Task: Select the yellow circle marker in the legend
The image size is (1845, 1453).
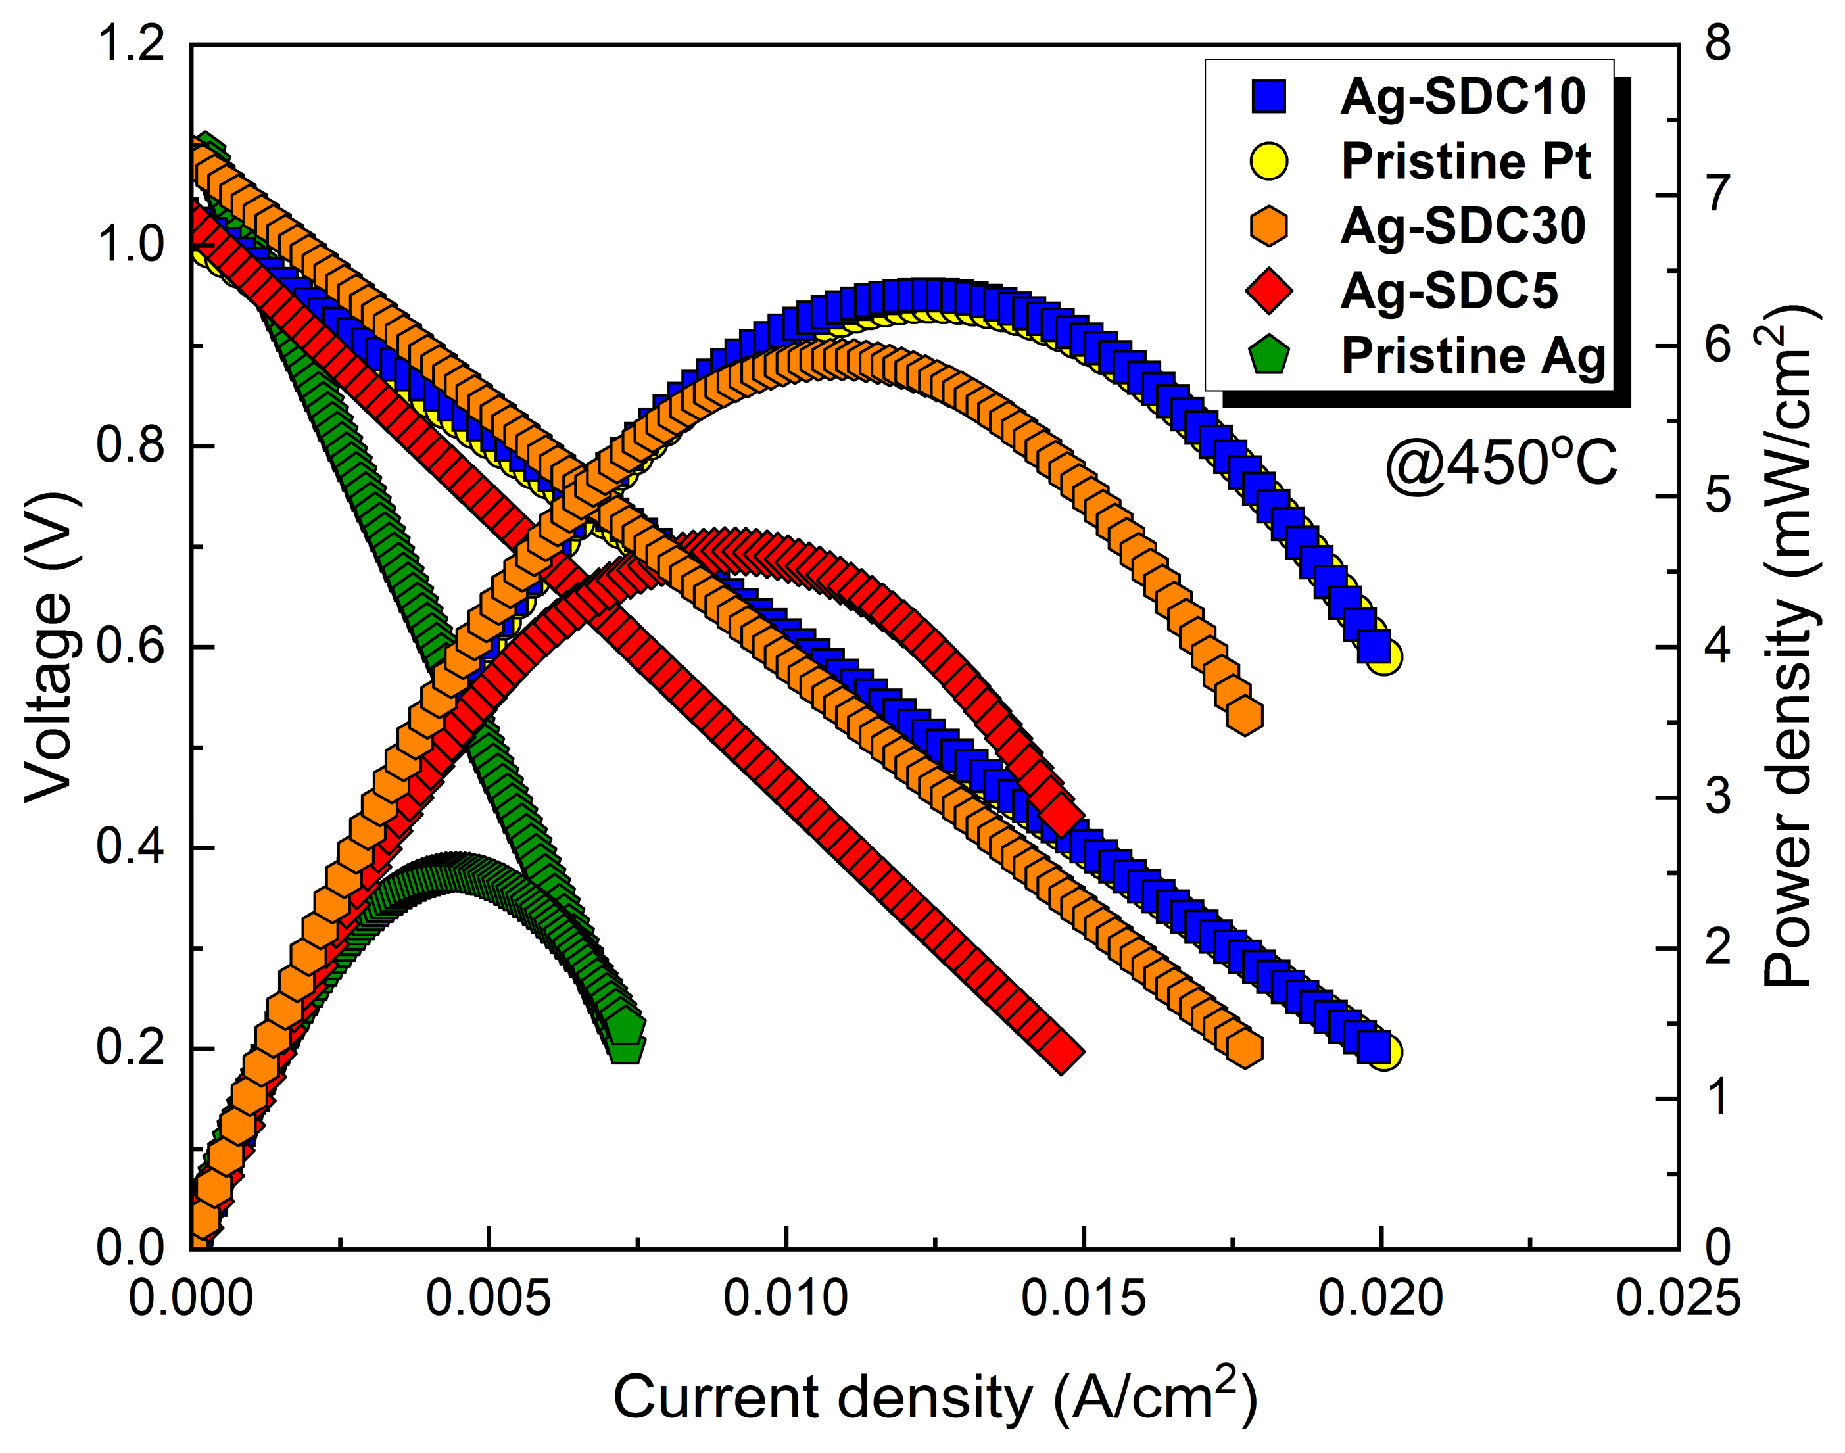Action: pyautogui.click(x=1268, y=162)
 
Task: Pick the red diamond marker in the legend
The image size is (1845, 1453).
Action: pyautogui.click(x=1268, y=291)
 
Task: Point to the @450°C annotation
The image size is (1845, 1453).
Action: pyautogui.click(x=1500, y=464)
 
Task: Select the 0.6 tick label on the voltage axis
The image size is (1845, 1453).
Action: pyautogui.click(x=130, y=646)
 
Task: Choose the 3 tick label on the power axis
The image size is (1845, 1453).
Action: pyautogui.click(x=1717, y=796)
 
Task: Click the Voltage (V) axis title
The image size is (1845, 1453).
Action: pyautogui.click(x=49, y=646)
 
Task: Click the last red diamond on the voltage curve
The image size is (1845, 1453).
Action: pyautogui.click(x=1062, y=1051)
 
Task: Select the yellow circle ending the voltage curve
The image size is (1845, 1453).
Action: pyautogui.click(x=1384, y=1053)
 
